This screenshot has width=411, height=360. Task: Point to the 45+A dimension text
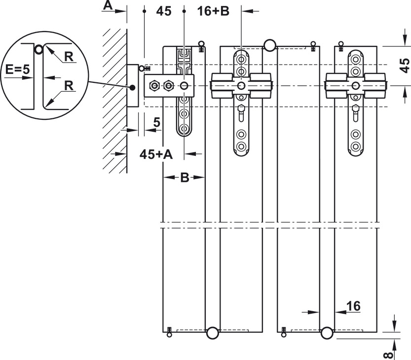[x=156, y=154]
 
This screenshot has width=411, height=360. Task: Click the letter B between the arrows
[x=184, y=178]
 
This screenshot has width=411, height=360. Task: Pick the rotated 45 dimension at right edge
[x=404, y=65]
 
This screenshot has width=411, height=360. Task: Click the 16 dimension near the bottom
[x=353, y=306]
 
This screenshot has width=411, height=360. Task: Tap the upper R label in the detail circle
[x=69, y=57]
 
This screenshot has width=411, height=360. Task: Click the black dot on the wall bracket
[x=133, y=88]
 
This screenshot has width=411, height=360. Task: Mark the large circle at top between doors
[x=270, y=45]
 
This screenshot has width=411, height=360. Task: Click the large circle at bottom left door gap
[x=212, y=333]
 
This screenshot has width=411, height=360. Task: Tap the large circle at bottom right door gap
[x=327, y=333]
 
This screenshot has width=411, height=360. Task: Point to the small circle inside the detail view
[x=38, y=49]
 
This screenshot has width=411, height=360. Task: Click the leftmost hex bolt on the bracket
[x=154, y=86]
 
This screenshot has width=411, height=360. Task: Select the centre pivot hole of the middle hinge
[x=241, y=86]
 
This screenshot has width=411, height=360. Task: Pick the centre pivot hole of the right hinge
[x=355, y=86]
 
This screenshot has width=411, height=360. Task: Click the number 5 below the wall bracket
[x=156, y=122]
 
